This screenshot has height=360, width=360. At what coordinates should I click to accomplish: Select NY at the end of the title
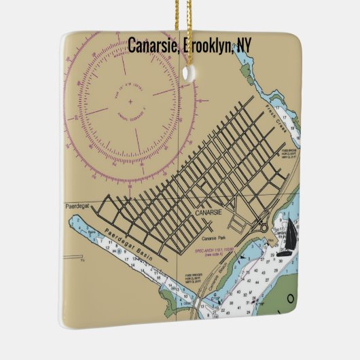[x=242, y=45]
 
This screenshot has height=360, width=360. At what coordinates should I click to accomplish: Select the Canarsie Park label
[x=215, y=239]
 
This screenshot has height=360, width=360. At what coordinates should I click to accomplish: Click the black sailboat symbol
[x=291, y=234]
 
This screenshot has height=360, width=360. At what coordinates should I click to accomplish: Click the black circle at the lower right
[x=291, y=297]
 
